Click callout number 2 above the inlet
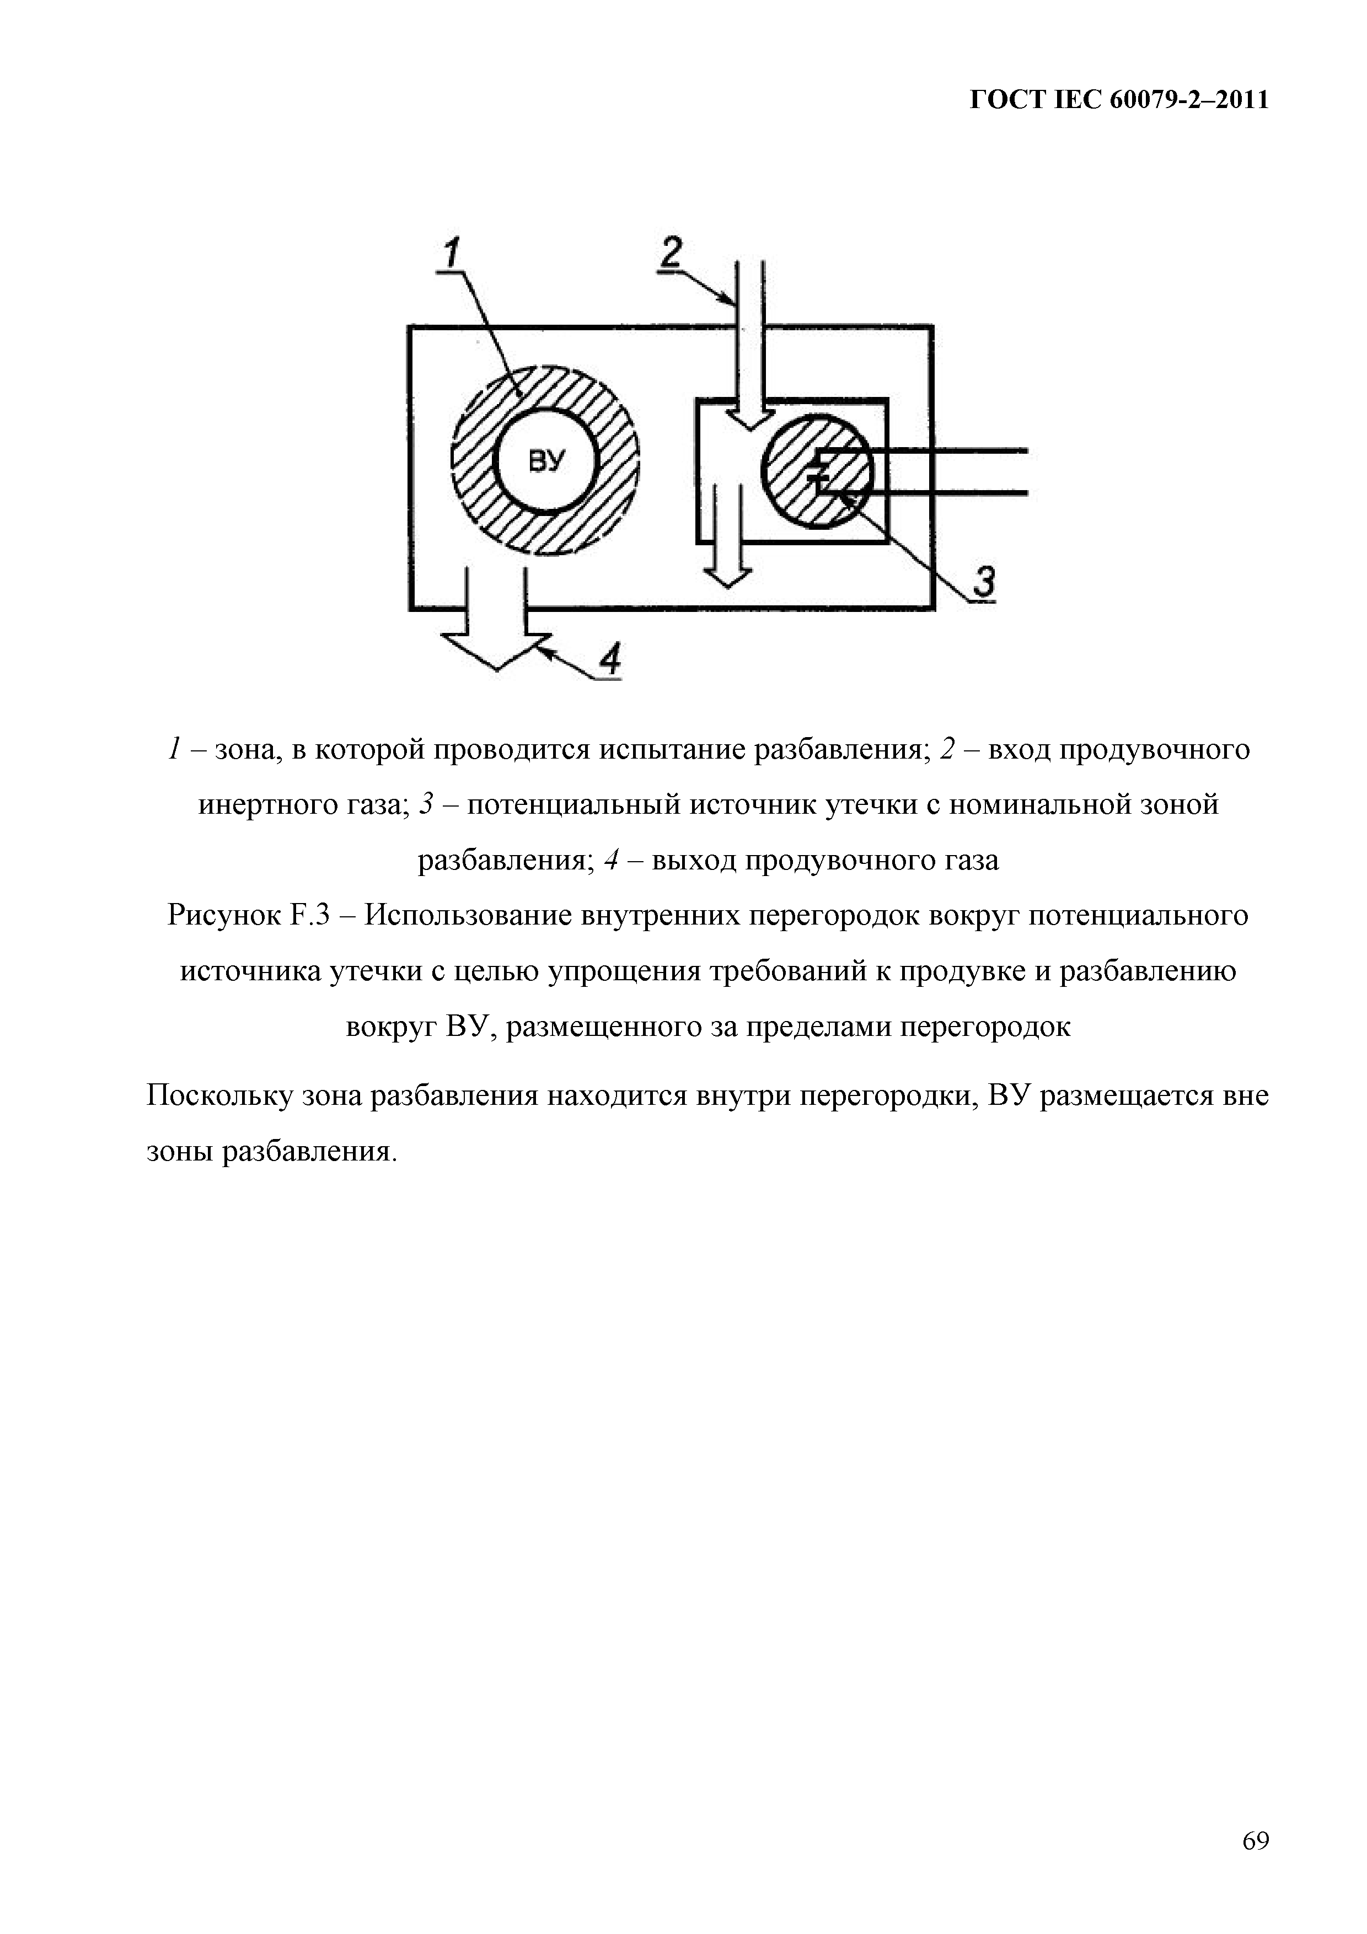(x=671, y=252)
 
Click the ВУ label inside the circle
(x=545, y=461)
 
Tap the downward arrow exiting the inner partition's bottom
(x=727, y=539)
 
